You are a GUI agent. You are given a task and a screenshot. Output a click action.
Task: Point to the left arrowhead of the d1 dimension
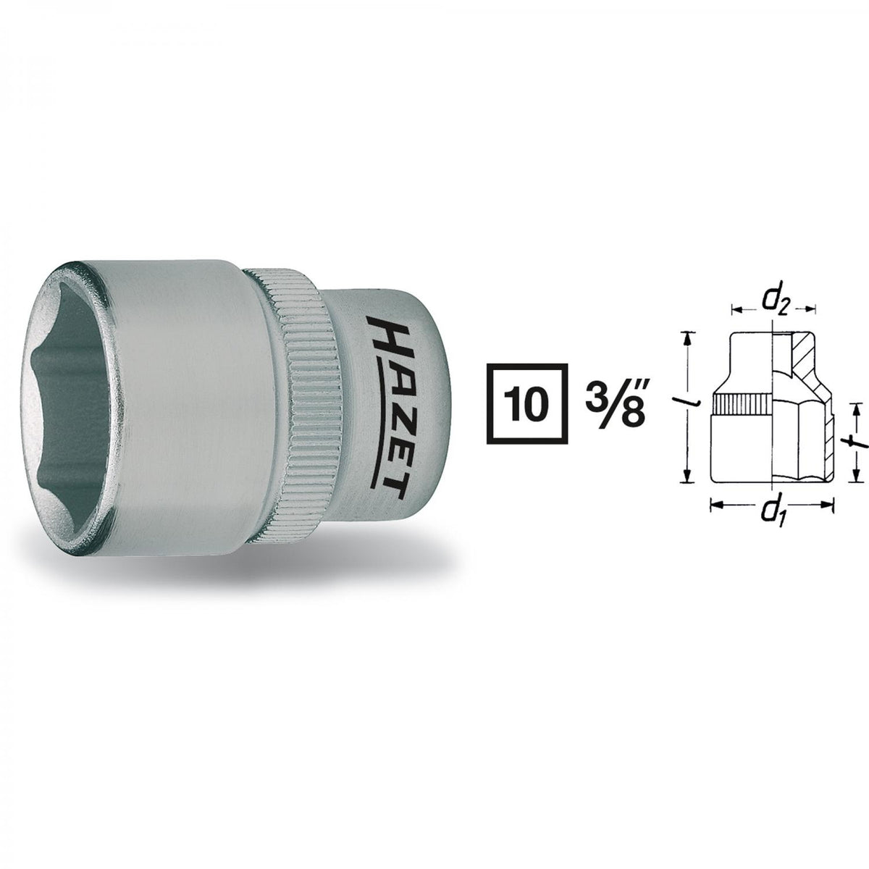[x=713, y=506]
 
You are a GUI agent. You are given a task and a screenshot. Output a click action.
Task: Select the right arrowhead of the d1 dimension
[x=831, y=506]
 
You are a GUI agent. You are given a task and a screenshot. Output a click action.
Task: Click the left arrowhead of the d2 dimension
[x=734, y=311]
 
